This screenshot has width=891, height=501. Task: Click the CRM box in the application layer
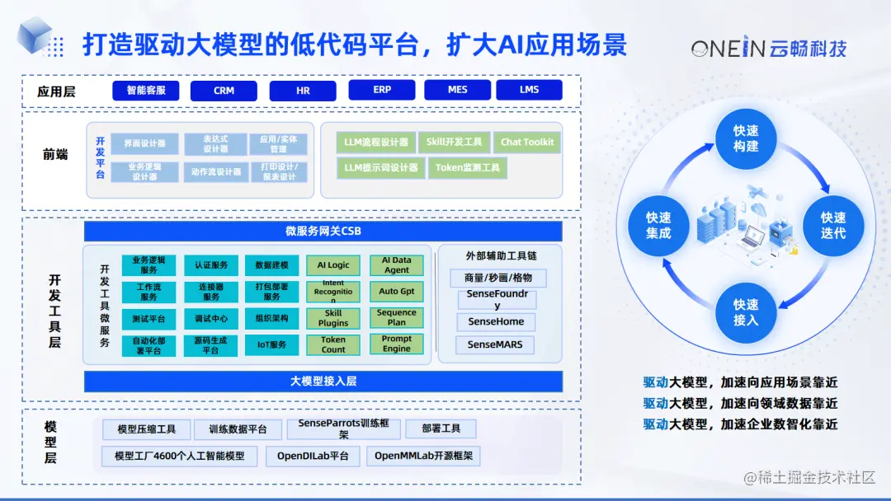click(x=224, y=91)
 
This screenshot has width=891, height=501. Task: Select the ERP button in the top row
click(x=382, y=90)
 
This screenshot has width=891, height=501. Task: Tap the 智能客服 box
click(x=146, y=91)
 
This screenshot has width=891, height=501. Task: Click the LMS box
click(x=529, y=90)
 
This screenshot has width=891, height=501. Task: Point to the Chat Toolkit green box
click(x=527, y=142)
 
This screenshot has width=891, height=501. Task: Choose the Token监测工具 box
click(x=468, y=168)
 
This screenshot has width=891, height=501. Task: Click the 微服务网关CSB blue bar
click(x=323, y=231)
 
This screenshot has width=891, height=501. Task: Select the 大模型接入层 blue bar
click(x=323, y=382)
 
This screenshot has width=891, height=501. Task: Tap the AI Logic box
click(x=333, y=265)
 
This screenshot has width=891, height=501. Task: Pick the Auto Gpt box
click(x=397, y=292)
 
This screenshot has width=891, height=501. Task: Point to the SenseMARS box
click(x=495, y=344)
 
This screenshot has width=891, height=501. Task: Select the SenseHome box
click(x=496, y=321)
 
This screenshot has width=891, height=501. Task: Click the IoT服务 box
click(x=271, y=344)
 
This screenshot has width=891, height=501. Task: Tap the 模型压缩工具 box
click(x=146, y=429)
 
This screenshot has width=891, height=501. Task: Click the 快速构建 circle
click(x=746, y=138)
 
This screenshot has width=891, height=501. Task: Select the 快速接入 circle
click(x=746, y=312)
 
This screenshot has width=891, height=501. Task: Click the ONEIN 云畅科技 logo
click(x=768, y=49)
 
